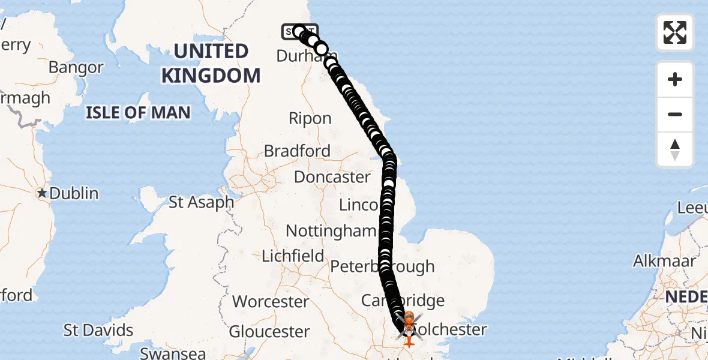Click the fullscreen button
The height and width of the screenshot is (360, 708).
click(x=675, y=32)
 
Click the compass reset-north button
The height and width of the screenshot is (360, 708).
click(x=675, y=149)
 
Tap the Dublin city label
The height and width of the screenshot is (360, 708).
click(x=74, y=193)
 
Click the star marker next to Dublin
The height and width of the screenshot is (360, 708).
click(x=42, y=193)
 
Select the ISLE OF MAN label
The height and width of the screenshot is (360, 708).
click(x=138, y=112)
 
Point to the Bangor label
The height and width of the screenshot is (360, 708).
click(x=76, y=67)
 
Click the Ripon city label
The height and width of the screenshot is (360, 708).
click(x=310, y=118)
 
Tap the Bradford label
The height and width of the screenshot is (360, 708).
click(x=297, y=151)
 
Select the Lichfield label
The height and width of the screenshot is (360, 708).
click(x=293, y=256)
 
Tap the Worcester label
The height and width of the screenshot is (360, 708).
click(x=271, y=301)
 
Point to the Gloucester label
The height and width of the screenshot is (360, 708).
click(x=269, y=331)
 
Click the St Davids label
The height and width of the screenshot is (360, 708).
click(x=98, y=330)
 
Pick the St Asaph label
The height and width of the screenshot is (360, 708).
click(x=201, y=202)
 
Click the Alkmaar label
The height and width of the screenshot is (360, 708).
click(x=664, y=261)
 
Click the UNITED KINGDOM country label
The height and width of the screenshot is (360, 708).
click(x=211, y=64)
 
